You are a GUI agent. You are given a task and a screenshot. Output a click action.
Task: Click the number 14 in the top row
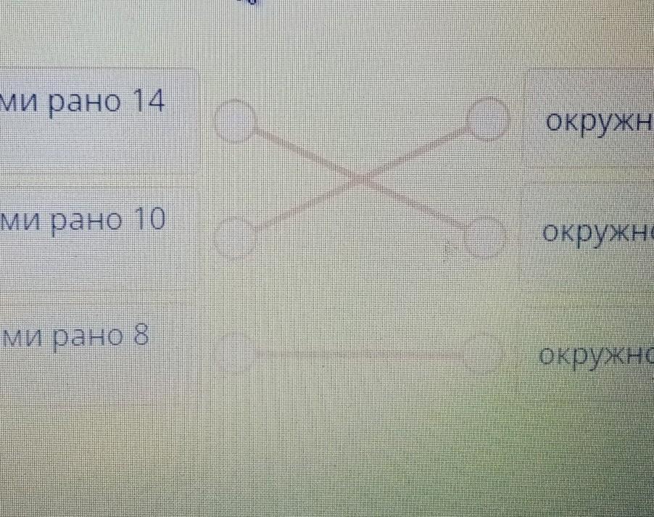click(145, 103)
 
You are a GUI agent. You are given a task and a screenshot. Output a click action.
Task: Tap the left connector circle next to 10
click(235, 237)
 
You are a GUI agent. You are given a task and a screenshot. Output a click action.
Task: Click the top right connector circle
click(487, 118)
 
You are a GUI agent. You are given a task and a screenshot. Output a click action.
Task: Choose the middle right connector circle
click(484, 235)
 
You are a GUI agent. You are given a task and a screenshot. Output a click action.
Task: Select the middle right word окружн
click(597, 233)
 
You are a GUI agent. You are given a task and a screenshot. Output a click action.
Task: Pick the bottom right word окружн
click(596, 355)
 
